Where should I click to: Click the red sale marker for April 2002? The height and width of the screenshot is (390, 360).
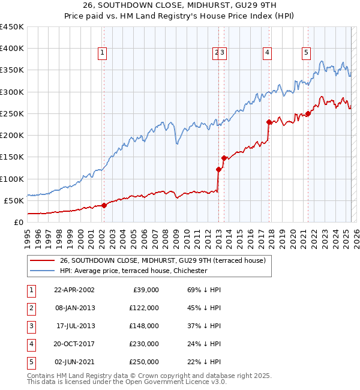coord(104,205)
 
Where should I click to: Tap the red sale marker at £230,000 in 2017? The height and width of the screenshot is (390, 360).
coord(269,122)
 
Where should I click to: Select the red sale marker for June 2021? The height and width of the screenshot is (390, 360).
coord(308,113)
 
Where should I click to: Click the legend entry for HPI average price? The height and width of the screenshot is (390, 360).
coord(133,271)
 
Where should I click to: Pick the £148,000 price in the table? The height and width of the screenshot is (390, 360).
coord(144,326)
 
